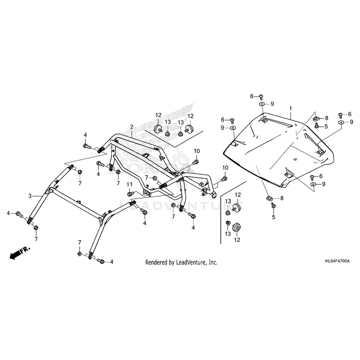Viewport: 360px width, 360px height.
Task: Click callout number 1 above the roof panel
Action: pyautogui.click(x=290, y=109)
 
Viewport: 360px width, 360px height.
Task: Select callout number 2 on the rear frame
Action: pyautogui.click(x=131, y=127)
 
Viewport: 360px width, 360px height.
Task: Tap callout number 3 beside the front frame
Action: pyautogui.click(x=30, y=196)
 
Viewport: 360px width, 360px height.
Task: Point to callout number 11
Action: pyautogui.click(x=130, y=185)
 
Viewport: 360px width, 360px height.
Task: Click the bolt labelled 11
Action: pyautogui.click(x=131, y=193)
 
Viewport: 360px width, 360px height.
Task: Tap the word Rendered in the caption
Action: pyautogui.click(x=157, y=263)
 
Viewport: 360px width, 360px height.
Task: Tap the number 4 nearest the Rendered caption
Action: pyautogui.click(x=112, y=262)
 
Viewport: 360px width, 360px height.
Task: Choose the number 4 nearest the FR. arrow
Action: pyautogui.click(x=8, y=213)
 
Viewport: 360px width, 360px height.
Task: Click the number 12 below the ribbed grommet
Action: pyautogui.click(x=236, y=240)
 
